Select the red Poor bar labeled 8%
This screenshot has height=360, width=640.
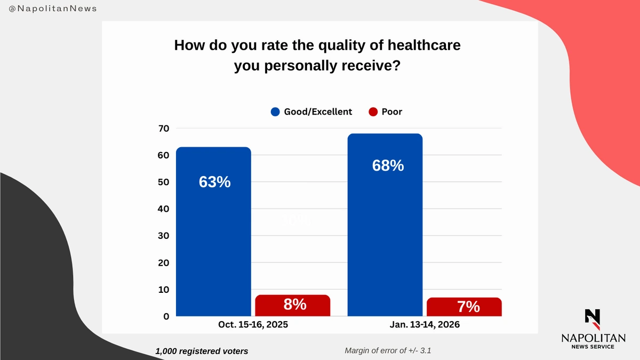pyautogui.click(x=293, y=305)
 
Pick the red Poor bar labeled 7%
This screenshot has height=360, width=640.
pyautogui.click(x=465, y=307)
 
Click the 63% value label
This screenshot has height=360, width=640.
pyautogui.click(x=214, y=182)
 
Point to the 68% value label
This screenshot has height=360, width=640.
pyautogui.click(x=388, y=165)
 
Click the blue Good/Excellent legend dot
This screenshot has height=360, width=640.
pyautogui.click(x=275, y=112)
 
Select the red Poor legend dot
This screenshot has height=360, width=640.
pyautogui.click(x=373, y=112)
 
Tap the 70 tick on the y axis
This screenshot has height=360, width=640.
pyautogui.click(x=163, y=128)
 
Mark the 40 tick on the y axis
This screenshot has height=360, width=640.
pyautogui.click(x=163, y=209)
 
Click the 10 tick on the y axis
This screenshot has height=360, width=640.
pyautogui.click(x=163, y=290)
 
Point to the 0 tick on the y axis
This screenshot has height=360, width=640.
pyautogui.click(x=166, y=316)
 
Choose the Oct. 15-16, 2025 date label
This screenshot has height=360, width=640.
pyautogui.click(x=253, y=324)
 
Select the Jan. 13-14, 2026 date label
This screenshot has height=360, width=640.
pyautogui.click(x=425, y=324)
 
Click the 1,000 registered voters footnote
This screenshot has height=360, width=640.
pyautogui.click(x=202, y=351)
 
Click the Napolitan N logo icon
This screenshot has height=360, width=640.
pyautogui.click(x=593, y=318)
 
